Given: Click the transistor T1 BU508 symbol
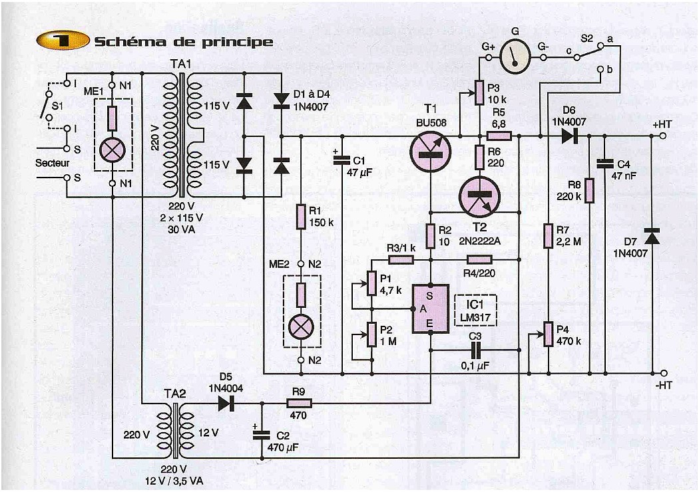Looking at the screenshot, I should [x=430, y=151].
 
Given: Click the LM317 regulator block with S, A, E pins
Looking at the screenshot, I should [x=430, y=308].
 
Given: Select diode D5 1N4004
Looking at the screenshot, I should [x=227, y=404].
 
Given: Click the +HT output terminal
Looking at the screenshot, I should [x=663, y=136].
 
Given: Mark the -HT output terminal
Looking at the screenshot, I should [x=663, y=373].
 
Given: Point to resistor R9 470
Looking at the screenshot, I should [x=299, y=404].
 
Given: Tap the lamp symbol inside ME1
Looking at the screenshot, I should [x=111, y=150].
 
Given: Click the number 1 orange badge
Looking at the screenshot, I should [x=63, y=41].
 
